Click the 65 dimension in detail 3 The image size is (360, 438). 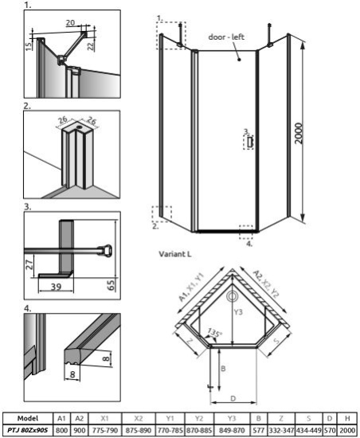tap(112, 283)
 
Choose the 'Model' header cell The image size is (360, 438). tap(28, 417)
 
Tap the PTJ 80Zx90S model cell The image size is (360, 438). tap(28, 430)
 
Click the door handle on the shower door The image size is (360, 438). tap(249, 141)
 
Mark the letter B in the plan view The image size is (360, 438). tap(225, 370)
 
